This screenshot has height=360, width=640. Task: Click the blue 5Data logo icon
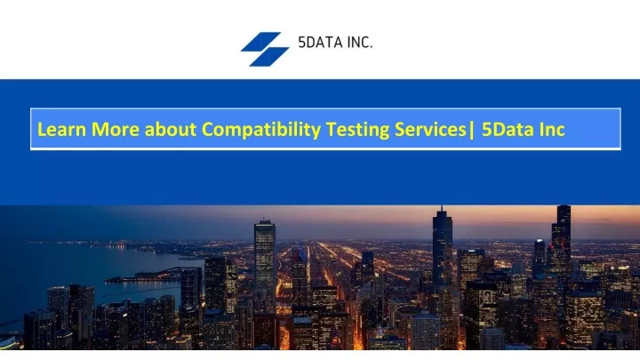(x=265, y=49)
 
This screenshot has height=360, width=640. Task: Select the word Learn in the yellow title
(x=61, y=129)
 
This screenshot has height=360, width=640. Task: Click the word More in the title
(x=116, y=129)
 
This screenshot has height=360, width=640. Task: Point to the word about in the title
(x=171, y=129)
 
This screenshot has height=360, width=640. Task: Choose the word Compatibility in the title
(x=261, y=131)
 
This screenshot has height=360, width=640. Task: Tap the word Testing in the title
(x=358, y=131)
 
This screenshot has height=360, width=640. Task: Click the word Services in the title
(x=430, y=129)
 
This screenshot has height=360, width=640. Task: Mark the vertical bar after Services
(x=472, y=130)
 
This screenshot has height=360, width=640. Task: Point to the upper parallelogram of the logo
(x=261, y=42)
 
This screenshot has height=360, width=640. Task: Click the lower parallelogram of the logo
(x=269, y=57)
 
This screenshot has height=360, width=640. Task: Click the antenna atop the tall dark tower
(x=442, y=209)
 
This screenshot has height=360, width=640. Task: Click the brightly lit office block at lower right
(x=585, y=318)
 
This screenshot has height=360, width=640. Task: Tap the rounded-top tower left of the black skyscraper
(x=540, y=257)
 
